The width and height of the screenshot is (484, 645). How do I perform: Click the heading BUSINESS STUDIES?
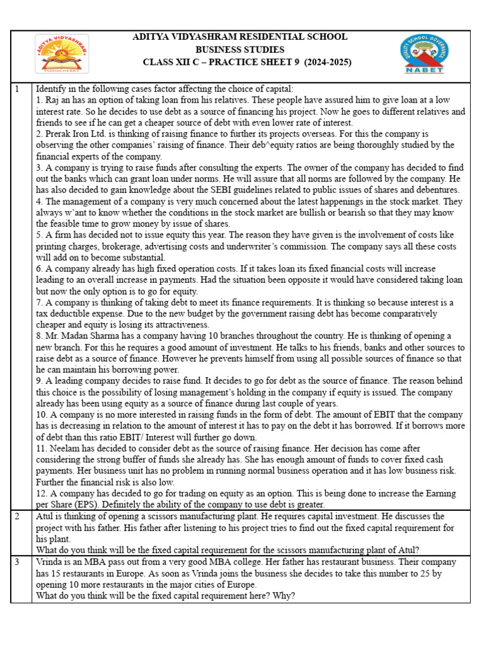(239, 50)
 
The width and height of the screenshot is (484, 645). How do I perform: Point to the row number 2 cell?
(18, 517)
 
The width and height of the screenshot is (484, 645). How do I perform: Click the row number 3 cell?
(18, 561)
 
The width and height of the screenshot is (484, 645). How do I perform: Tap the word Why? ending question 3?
(281, 595)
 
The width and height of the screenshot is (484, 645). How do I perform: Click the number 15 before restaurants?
(55, 573)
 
